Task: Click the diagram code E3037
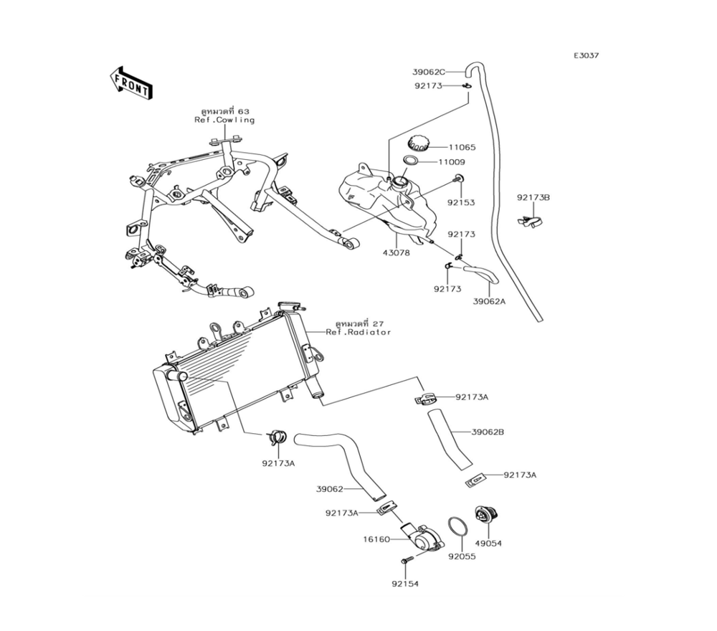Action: coord(586,55)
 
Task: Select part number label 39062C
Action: coord(428,72)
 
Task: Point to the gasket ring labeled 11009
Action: coord(411,161)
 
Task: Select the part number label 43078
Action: coord(397,252)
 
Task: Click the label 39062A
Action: coord(489,301)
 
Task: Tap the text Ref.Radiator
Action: coord(358,333)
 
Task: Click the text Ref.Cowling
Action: coord(224,120)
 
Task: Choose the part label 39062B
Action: coord(488,432)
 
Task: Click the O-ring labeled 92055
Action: coord(457,526)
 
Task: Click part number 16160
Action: coord(377,539)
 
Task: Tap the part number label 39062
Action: coord(330,489)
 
